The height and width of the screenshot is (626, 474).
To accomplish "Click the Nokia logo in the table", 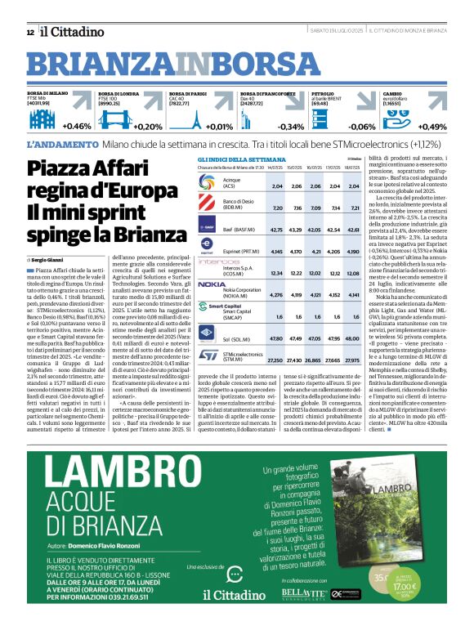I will coord(211,284).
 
